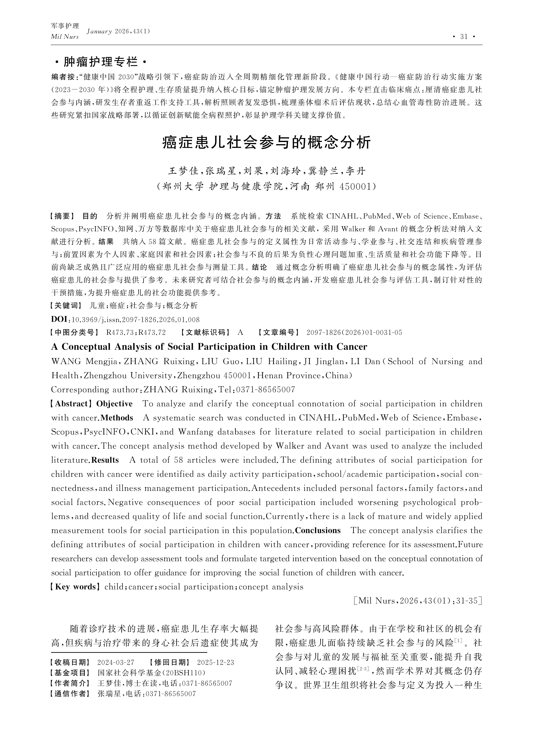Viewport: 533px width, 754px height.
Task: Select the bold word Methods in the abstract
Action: (117, 418)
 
